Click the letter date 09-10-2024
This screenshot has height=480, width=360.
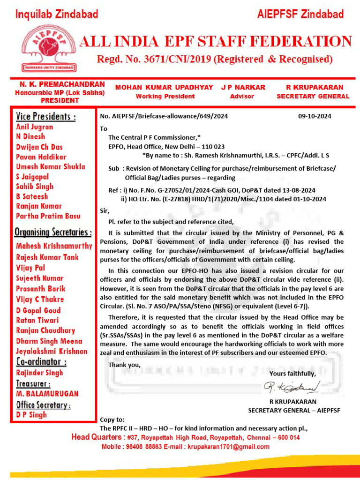pyautogui.click(x=314, y=116)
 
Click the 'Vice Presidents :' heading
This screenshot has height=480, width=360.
pyautogui.click(x=45, y=116)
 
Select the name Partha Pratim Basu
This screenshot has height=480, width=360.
pyautogui.click(x=48, y=216)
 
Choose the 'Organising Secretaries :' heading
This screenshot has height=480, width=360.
pyautogui.click(x=53, y=232)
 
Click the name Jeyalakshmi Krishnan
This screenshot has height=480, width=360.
pyautogui.click(x=52, y=351)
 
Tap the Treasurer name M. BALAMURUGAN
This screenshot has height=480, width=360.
pyautogui.click(x=47, y=394)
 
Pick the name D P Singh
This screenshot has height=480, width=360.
pyautogui.click(x=31, y=414)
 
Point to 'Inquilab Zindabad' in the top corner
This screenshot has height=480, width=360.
pyautogui.click(x=57, y=15)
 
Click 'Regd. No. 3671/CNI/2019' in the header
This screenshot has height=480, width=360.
pyautogui.click(x=155, y=60)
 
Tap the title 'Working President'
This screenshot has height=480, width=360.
pyautogui.click(x=165, y=97)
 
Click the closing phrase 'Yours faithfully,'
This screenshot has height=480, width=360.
pyautogui.click(x=292, y=374)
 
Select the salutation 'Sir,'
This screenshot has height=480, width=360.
pyautogui.click(x=105, y=211)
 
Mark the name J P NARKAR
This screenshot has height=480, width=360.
pyautogui.click(x=243, y=87)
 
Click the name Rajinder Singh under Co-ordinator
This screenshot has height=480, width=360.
pyautogui.click(x=39, y=373)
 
